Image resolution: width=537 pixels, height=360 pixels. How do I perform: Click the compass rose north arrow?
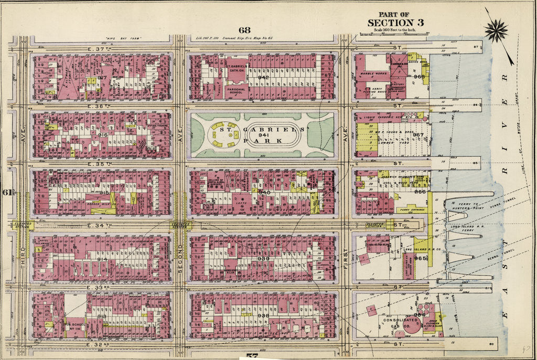(496, 30)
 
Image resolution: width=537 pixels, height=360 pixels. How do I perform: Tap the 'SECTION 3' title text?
(395, 23)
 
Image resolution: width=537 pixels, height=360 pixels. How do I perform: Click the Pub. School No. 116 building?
(74, 320)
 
